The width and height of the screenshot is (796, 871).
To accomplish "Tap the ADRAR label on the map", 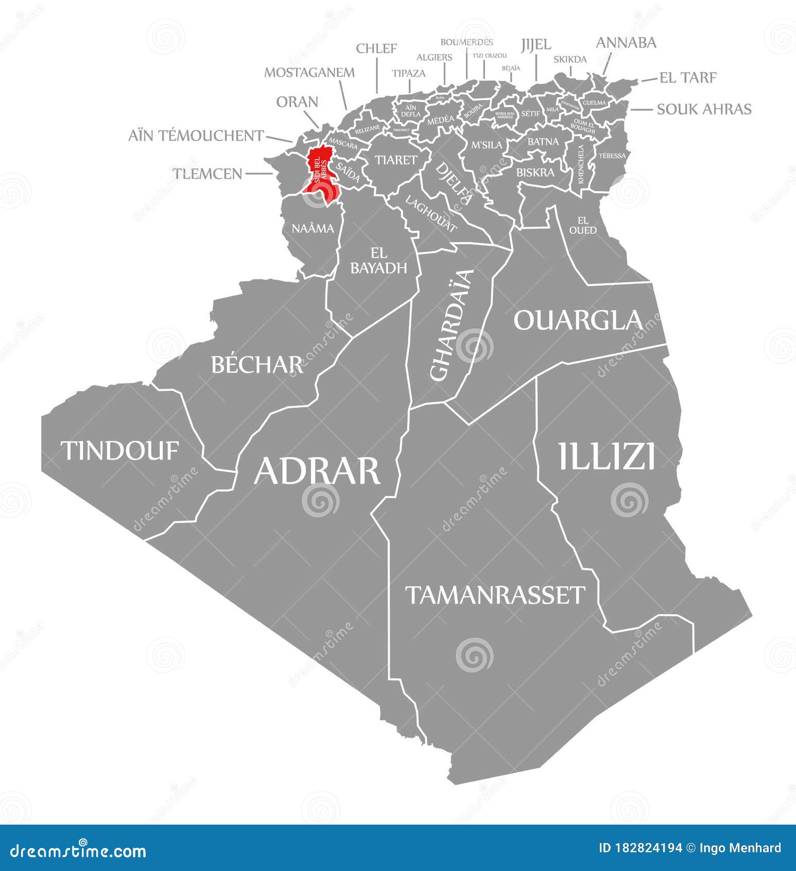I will coord(317,471).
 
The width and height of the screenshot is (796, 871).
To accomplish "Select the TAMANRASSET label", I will coord(495,595).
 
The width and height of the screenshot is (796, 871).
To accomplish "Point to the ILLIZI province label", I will coord(607,457).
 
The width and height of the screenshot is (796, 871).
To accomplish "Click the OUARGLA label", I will coord(578,320).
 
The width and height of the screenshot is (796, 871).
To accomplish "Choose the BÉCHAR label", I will coord(256,365).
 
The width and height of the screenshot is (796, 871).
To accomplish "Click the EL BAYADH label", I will coord(378,260).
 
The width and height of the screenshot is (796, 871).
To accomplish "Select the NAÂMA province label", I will coord(313,228).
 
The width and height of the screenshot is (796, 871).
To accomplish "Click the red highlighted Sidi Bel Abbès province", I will coord(320,170).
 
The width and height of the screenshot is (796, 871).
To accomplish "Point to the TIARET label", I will coord(395,160).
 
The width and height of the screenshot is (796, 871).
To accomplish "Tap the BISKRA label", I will coord(535,172).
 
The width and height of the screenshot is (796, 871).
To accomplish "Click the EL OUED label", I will coord(583,225).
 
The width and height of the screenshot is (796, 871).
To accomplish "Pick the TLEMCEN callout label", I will coord(207,174).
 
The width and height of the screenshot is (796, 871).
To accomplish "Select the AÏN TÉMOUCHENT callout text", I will coord(196,136).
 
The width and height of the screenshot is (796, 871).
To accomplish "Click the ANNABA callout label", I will coord(626,43).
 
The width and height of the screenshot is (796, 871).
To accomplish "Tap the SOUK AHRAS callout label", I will coord(704,109).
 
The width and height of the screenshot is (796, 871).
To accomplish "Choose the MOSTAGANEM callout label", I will coord(309,73).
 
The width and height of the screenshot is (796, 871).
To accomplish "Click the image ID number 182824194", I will coord(648,848).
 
